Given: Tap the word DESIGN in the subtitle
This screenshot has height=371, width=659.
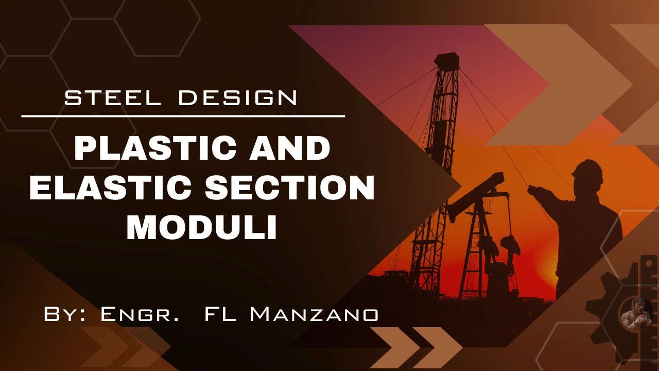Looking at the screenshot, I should pyautogui.click(x=238, y=97).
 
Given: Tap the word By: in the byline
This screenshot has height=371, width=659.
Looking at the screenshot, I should pyautogui.click(x=64, y=314).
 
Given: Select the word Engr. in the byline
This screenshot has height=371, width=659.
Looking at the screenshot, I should pyautogui.click(x=140, y=314).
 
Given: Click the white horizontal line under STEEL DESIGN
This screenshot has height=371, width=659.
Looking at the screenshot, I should pyautogui.click(x=183, y=116).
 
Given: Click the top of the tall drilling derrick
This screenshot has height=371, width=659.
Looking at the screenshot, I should pyautogui.click(x=446, y=59).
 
